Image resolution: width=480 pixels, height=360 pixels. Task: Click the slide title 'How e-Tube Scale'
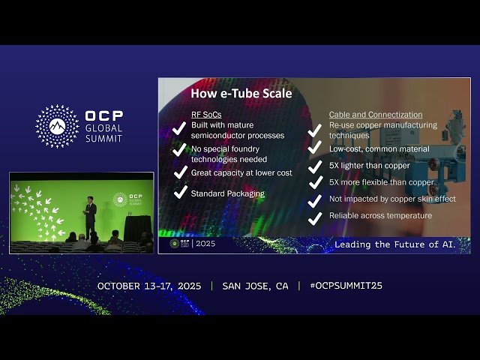click(241, 94)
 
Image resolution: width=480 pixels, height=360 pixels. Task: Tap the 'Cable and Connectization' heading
click(375, 114)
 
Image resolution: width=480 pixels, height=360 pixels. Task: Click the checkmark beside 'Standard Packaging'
click(179, 193)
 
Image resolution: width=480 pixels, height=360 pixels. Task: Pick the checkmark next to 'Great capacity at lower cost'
click(179, 172)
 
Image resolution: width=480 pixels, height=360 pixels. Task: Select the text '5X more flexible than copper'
click(381, 182)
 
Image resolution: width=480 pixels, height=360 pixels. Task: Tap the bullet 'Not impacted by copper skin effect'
click(391, 199)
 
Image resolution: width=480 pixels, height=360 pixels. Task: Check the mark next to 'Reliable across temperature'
click(315, 217)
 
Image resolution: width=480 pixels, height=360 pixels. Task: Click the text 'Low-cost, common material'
click(379, 148)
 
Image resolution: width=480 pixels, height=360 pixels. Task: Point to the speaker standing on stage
click(90, 217)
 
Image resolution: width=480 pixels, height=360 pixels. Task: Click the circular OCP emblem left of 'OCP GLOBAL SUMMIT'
click(57, 126)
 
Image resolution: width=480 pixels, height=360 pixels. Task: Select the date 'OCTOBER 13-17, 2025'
click(150, 286)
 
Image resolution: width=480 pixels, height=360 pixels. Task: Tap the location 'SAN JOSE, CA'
click(255, 286)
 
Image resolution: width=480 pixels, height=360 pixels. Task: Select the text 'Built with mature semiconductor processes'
click(237, 130)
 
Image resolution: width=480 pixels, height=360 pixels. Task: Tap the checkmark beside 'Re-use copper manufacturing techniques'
click(315, 131)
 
